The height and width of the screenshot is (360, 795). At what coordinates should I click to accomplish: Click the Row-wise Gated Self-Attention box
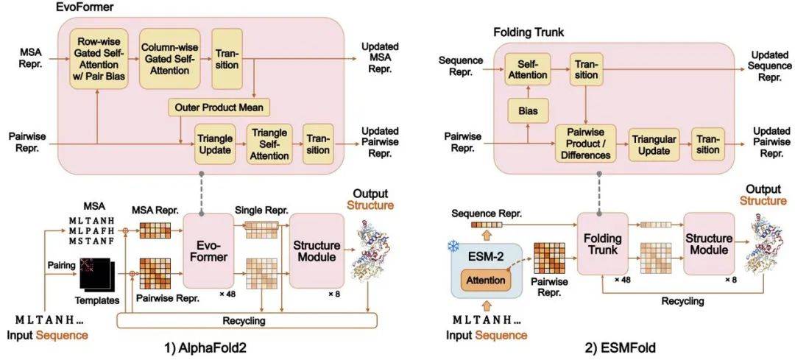[97, 60]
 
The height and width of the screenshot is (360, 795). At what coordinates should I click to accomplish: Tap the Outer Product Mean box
[219, 107]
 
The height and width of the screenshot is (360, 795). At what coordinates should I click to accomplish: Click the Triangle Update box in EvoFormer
[213, 144]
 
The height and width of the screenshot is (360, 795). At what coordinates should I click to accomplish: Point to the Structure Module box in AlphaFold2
[317, 250]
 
